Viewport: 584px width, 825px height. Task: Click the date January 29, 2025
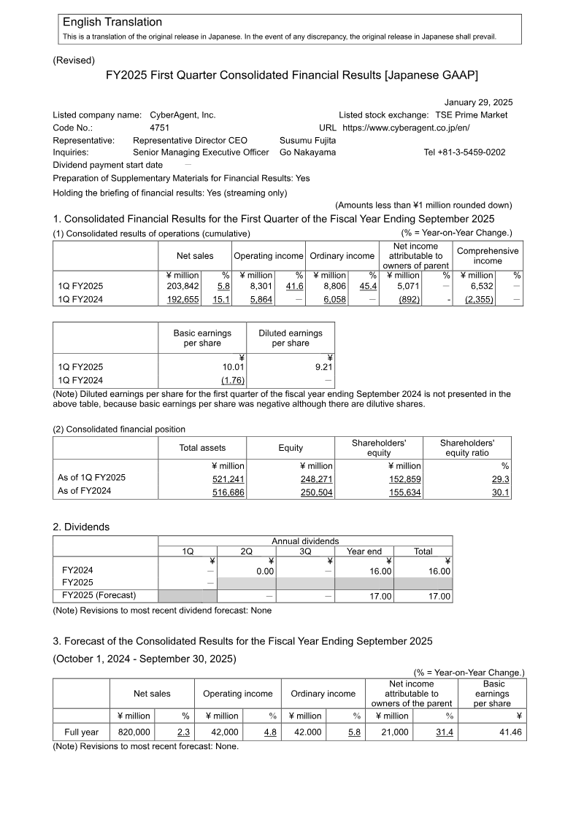click(478, 102)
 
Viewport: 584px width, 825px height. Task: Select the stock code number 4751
click(159, 128)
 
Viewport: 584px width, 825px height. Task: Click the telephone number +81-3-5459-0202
click(464, 152)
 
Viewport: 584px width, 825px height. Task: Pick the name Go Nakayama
click(307, 152)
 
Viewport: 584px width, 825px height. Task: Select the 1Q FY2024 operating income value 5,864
click(259, 299)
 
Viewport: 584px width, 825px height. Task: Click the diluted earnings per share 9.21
click(323, 368)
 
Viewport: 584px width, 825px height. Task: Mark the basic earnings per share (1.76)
click(233, 380)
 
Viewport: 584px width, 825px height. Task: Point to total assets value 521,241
click(228, 479)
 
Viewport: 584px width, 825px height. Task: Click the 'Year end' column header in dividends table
click(364, 551)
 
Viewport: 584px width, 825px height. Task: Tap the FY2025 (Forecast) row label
click(99, 595)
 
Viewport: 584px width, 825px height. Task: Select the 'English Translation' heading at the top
click(112, 23)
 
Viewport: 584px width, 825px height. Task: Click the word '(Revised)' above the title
click(74, 61)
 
